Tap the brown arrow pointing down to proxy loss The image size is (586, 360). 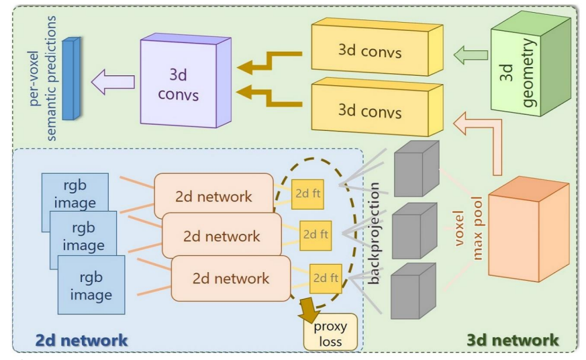[x=309, y=310]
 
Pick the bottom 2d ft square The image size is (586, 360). [x=324, y=277]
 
